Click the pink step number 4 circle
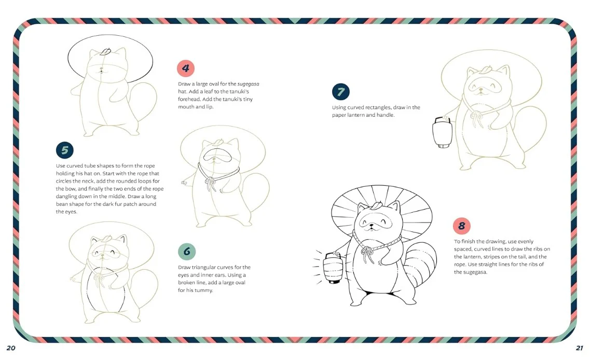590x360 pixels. pyautogui.click(x=185, y=68)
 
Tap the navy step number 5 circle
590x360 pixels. pyautogui.click(x=65, y=150)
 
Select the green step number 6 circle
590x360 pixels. pyautogui.click(x=187, y=251)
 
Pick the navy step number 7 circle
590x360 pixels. pyautogui.click(x=341, y=91)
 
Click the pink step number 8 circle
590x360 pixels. pyautogui.click(x=462, y=226)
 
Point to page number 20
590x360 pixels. pyautogui.click(x=11, y=348)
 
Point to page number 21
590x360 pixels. pyautogui.click(x=580, y=348)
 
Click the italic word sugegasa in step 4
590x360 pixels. pyautogui.click(x=248, y=84)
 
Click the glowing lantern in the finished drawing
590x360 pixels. pyautogui.click(x=332, y=268)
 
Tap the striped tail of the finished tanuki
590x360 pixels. pyautogui.click(x=421, y=265)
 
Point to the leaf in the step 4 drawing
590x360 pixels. pyautogui.click(x=106, y=51)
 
